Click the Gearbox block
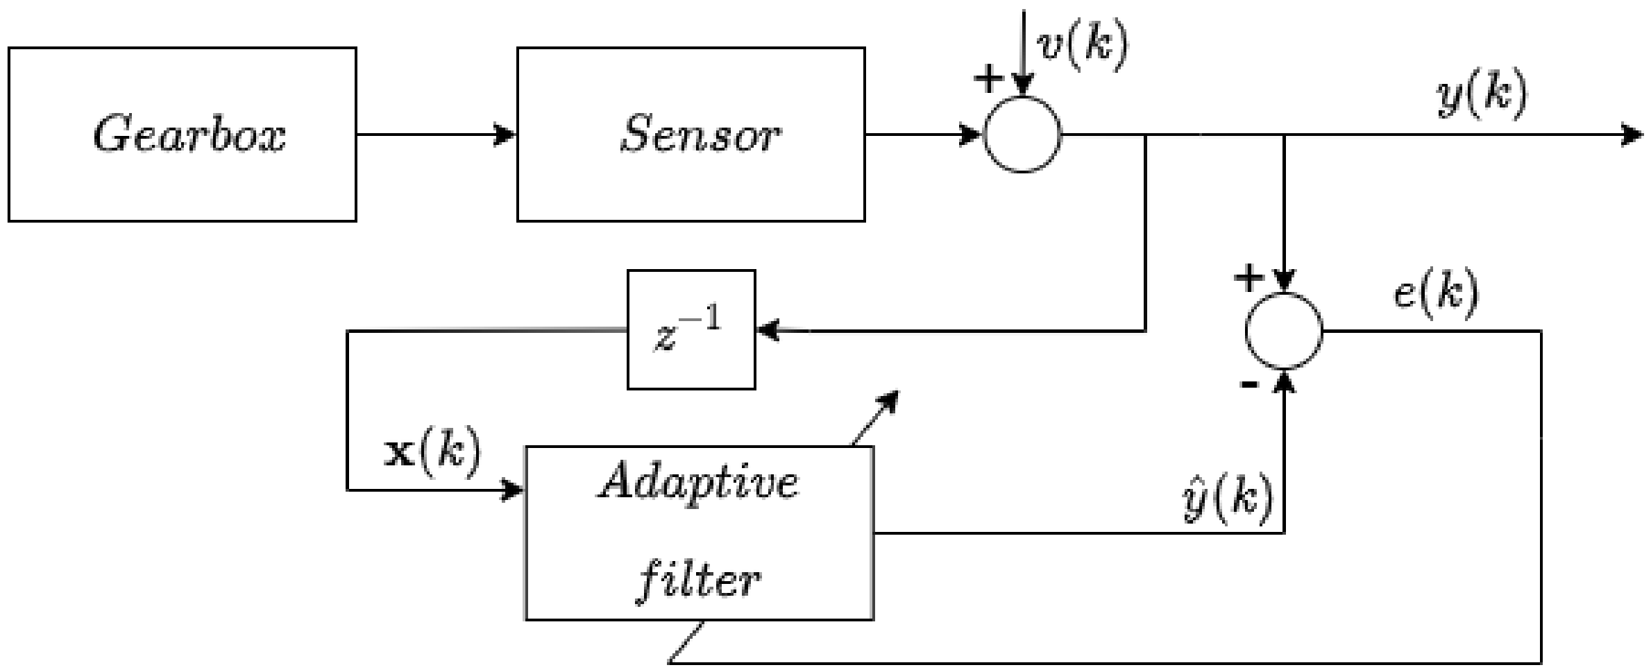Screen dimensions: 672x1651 coord(182,135)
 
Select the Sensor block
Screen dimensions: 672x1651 coord(691,135)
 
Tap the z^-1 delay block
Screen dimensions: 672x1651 coord(691,329)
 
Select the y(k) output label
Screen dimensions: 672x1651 coord(1482,95)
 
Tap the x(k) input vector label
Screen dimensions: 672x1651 coord(432,453)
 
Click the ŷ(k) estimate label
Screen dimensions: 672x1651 coord(1227,499)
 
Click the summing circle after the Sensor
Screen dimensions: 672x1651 coord(1022,135)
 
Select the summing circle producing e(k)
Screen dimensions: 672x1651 coord(1284,331)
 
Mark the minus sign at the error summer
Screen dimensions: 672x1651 coord(1248,384)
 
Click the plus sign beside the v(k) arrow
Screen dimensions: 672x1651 coord(989,79)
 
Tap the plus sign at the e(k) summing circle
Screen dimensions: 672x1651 coord(1248,278)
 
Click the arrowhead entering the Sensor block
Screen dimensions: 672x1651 coord(505,135)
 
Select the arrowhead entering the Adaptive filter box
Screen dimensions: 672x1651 coord(512,490)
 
